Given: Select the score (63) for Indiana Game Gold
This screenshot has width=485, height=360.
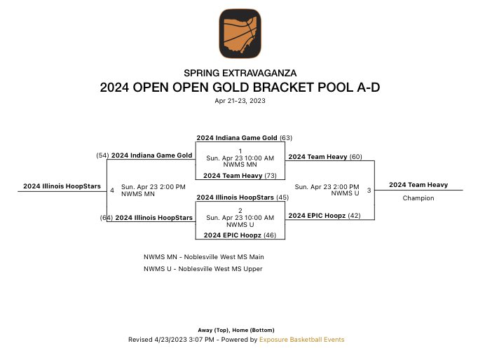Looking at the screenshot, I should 286,138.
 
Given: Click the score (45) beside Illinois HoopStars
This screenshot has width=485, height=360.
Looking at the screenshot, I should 283,198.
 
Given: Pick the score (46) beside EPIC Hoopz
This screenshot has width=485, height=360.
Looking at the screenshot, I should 269,235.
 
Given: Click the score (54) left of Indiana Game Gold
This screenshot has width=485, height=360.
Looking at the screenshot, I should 103,155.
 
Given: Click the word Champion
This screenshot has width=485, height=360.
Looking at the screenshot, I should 418,198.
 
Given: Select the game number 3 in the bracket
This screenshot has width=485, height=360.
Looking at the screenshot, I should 369,190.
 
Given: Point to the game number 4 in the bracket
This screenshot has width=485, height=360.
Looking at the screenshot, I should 112,190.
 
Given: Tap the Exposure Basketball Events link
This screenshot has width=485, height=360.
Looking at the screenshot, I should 302,340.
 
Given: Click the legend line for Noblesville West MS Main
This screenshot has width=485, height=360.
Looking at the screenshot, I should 204,257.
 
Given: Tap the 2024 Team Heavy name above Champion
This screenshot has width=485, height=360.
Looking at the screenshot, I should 418,185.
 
